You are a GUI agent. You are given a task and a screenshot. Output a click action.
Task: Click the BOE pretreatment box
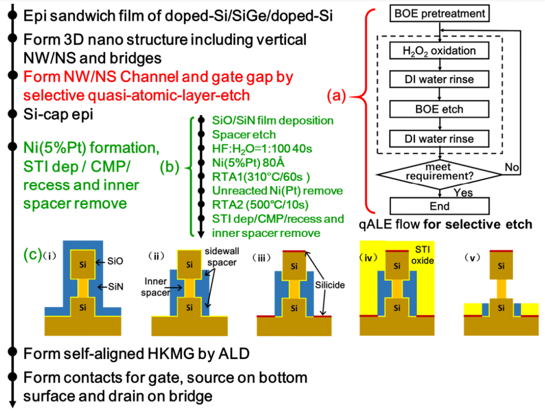[440, 14]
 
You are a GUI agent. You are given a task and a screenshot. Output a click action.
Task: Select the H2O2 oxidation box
[440, 51]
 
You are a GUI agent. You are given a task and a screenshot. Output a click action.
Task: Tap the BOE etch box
[440, 108]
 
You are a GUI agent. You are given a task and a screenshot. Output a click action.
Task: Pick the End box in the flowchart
[440, 206]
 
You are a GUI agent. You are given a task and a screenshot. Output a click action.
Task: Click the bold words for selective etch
[488, 224]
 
